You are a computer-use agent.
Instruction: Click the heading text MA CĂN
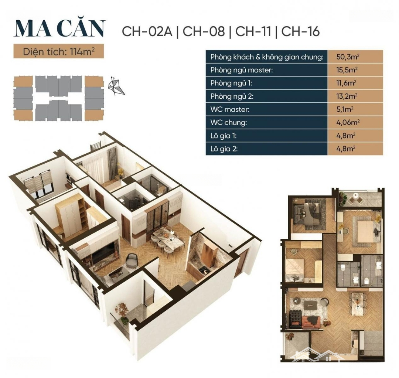[x=59, y=28]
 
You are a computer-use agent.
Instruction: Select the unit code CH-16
[x=300, y=32]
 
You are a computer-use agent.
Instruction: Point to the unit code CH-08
[x=204, y=32]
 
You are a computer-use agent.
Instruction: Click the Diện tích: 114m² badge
[x=59, y=52]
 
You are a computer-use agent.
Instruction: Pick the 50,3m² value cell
[x=355, y=57]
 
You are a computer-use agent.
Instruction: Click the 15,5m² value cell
[x=355, y=70]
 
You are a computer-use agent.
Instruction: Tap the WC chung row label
[x=229, y=123]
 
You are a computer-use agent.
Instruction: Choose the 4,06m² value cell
[x=355, y=122]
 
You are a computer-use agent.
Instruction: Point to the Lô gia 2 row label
[x=224, y=149]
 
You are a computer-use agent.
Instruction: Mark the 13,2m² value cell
[x=355, y=96]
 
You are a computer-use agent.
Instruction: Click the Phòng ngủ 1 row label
[x=231, y=83]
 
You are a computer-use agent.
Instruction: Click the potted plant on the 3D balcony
[x=122, y=313]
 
